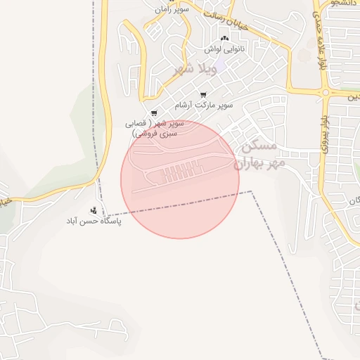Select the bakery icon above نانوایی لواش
(x=224, y=39)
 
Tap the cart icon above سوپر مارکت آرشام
(x=203, y=95)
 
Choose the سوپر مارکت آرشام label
(x=205, y=105)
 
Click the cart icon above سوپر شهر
(x=154, y=112)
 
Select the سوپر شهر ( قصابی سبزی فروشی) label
(x=156, y=127)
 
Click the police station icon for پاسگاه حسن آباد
(x=93, y=210)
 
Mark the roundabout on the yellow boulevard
(x=325, y=92)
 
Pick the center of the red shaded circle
(x=180, y=179)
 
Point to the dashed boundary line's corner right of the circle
(x=252, y=191)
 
